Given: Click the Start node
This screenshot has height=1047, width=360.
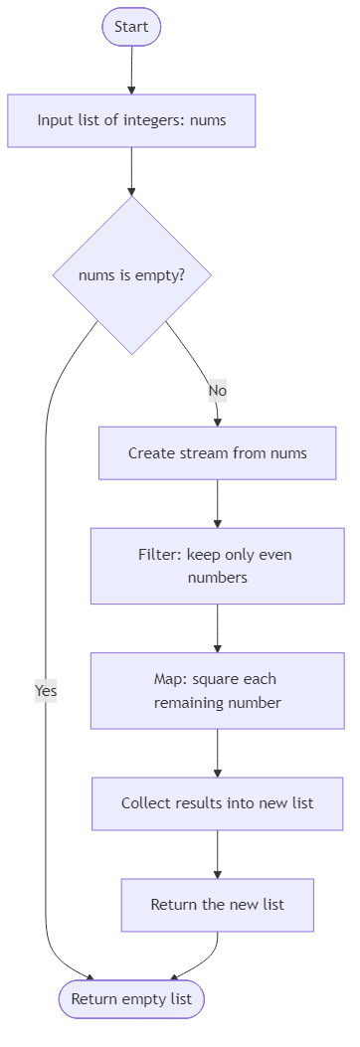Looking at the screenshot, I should [131, 27].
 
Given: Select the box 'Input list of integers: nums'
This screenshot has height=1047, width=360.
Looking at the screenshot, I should [131, 120].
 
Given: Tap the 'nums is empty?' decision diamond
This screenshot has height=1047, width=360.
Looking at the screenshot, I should [131, 275].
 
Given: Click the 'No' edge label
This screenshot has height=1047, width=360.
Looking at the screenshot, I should [217, 391].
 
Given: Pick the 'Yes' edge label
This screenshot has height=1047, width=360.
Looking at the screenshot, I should [46, 690].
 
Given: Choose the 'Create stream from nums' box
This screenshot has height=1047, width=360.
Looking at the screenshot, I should [217, 453].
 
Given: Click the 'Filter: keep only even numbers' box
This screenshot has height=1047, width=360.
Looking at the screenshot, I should [217, 566].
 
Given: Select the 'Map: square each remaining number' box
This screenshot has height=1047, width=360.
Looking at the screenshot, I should [217, 691].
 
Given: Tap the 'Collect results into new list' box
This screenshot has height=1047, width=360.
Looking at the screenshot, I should [217, 802].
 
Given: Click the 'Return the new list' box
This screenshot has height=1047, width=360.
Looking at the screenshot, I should [217, 905].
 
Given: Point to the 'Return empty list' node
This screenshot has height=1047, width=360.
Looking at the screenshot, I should [131, 998].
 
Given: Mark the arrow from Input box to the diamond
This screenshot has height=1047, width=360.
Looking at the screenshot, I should [131, 171].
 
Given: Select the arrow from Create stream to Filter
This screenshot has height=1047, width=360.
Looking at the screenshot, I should [217, 503].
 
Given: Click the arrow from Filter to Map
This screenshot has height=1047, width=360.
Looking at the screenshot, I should [217, 628].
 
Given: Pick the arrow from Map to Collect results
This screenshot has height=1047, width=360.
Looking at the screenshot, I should [217, 753].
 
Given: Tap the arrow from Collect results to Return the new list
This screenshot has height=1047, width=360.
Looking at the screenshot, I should [217, 854].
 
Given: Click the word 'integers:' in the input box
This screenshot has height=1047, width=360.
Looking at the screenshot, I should [158, 120].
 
